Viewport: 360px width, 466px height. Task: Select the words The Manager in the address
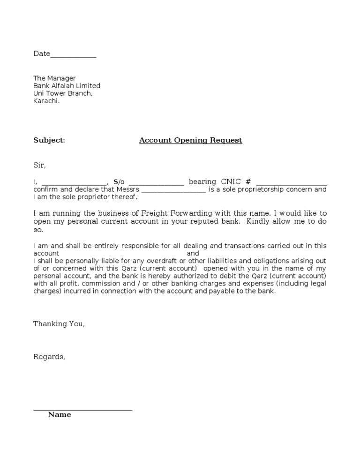click(x=54, y=78)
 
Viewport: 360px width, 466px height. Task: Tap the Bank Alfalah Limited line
click(x=67, y=86)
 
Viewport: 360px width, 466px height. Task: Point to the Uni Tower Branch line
click(x=63, y=93)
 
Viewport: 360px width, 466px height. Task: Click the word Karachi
click(x=46, y=101)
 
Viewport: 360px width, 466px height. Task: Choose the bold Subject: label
click(x=49, y=140)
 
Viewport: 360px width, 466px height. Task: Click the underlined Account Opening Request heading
click(x=190, y=140)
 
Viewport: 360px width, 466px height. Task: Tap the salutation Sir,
click(x=40, y=165)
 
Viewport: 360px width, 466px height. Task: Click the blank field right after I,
click(x=75, y=183)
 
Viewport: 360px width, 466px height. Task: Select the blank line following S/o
click(x=156, y=183)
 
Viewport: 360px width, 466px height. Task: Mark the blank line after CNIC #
click(x=292, y=183)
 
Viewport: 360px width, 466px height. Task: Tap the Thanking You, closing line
click(x=59, y=324)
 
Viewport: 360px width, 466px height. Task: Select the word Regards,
click(x=49, y=357)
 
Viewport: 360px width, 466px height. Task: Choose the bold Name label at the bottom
click(x=60, y=415)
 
